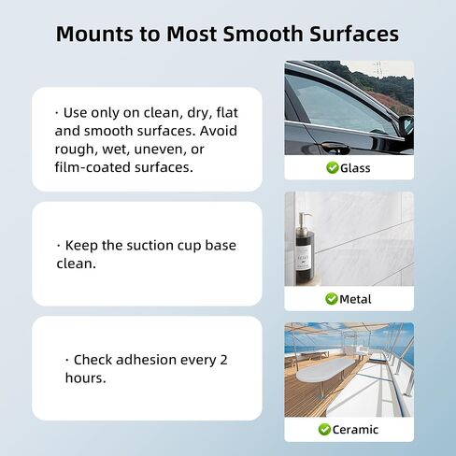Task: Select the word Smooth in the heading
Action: tap(264, 34)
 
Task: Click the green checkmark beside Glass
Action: tap(333, 167)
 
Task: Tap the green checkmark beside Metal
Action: tap(332, 299)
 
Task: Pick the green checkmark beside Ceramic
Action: tap(324, 429)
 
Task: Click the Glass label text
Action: tap(355, 168)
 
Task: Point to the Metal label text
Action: tap(355, 299)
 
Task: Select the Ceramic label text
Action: tap(355, 430)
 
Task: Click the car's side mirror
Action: tap(406, 125)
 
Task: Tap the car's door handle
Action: tap(335, 148)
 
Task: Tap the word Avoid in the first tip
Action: tap(219, 131)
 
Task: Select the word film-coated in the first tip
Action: tap(93, 167)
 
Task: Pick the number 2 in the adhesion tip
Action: tap(223, 360)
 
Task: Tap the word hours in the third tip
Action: tap(84, 378)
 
